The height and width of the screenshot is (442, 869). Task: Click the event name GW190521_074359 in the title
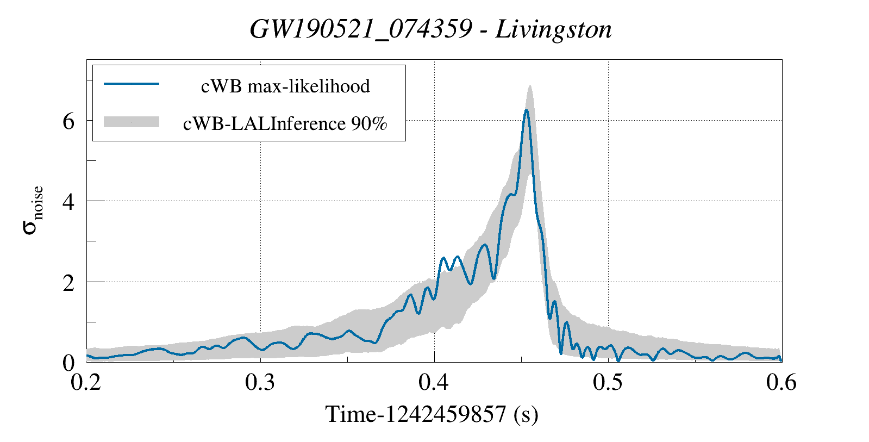click(x=360, y=29)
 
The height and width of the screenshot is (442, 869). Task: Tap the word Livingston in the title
click(x=553, y=29)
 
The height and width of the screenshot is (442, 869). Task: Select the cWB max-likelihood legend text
click(x=285, y=86)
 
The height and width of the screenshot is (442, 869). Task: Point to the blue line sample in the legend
click(x=131, y=84)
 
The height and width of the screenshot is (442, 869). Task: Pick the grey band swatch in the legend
click(x=131, y=122)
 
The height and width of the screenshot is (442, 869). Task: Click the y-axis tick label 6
click(x=68, y=121)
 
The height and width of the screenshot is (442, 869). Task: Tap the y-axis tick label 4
click(x=68, y=201)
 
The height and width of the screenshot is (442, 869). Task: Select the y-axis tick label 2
click(x=68, y=282)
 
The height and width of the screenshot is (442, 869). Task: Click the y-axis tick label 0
click(x=68, y=363)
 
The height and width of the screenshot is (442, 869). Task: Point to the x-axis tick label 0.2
click(x=87, y=382)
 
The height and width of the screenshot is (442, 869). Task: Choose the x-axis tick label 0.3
click(x=260, y=382)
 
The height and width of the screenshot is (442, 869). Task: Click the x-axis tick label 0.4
click(x=434, y=382)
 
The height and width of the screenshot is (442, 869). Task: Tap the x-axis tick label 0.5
click(x=608, y=382)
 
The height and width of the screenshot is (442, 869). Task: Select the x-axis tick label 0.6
click(x=781, y=382)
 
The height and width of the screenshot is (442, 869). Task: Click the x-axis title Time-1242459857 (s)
click(x=432, y=414)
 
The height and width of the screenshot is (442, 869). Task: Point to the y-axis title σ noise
click(x=33, y=209)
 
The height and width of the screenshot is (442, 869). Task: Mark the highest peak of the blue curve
click(x=526, y=110)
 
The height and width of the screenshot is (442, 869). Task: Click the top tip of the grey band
click(x=529, y=85)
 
